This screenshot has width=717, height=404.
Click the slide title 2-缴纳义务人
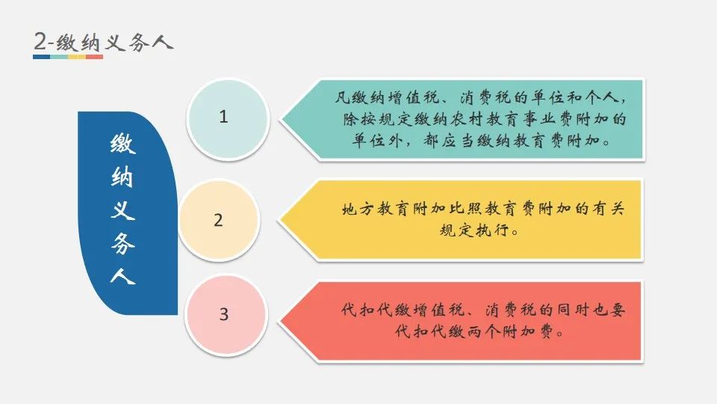[x=104, y=42]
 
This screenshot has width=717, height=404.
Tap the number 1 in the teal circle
[x=223, y=117]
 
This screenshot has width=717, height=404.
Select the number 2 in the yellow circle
[x=218, y=220]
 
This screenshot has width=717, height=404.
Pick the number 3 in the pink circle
[x=223, y=314]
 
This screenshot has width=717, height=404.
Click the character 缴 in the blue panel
[x=122, y=144]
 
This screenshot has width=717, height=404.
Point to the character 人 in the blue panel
[x=122, y=276]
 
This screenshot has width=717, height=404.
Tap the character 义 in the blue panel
[x=122, y=209]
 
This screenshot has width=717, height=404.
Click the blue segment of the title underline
[x=42, y=57]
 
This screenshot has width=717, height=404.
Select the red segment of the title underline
[x=94, y=57]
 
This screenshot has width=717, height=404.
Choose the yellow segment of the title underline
[x=77, y=57]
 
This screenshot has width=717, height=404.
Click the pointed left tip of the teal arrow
[x=281, y=119]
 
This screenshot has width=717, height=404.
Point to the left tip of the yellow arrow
[x=279, y=220]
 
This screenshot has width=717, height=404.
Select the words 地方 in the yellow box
[x=358, y=209]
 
